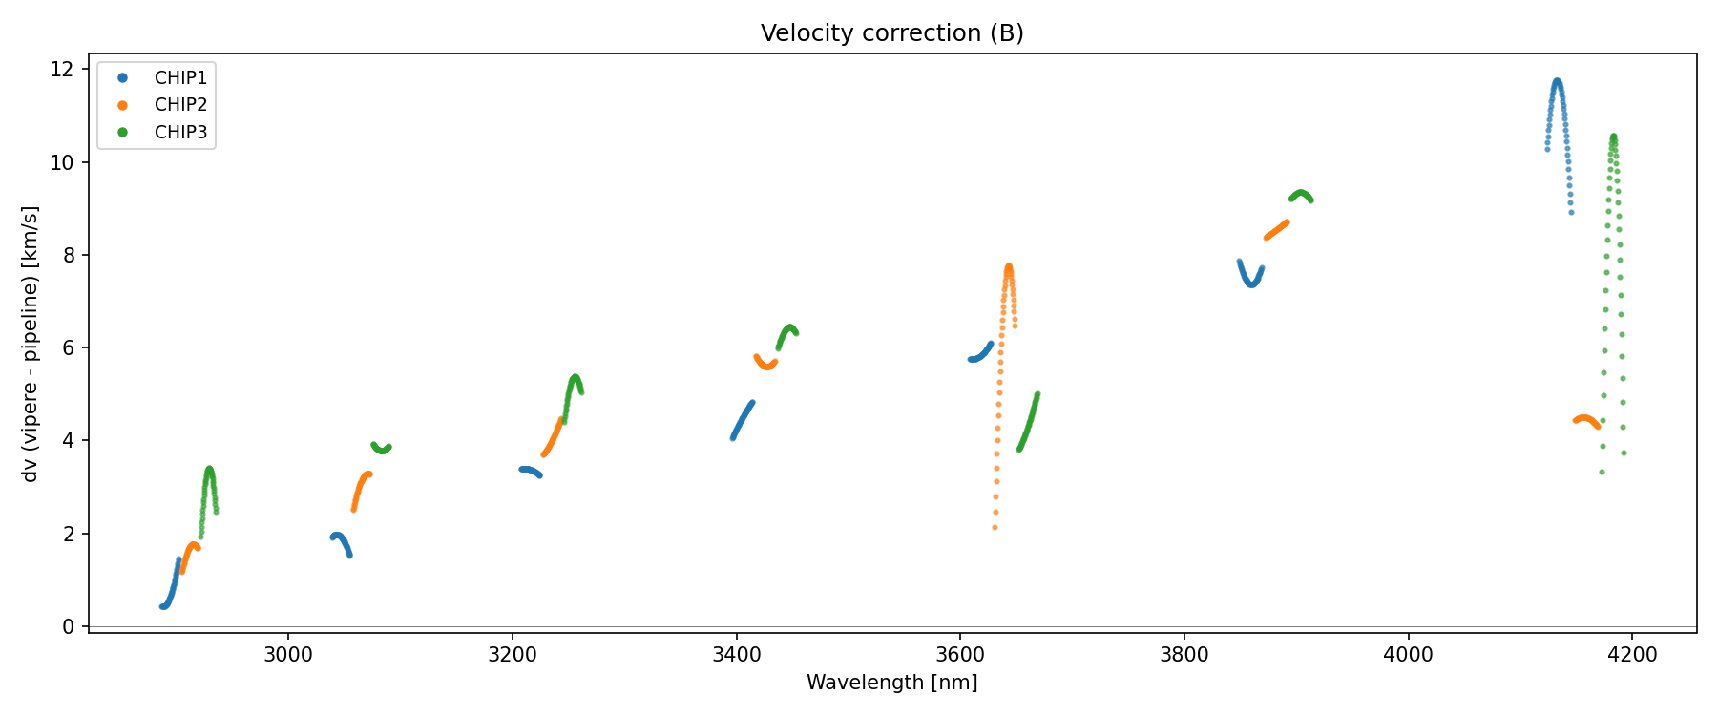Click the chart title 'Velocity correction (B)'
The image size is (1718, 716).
click(x=891, y=33)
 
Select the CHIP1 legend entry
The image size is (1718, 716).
click(x=180, y=77)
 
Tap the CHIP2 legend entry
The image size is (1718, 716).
click(x=180, y=105)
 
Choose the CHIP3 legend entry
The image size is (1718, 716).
click(x=180, y=133)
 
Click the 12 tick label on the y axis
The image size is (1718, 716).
click(x=62, y=70)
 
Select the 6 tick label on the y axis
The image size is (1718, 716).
click(x=68, y=348)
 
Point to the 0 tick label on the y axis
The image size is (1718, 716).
click(x=68, y=626)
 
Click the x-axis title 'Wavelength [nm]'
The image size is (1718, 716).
click(x=891, y=683)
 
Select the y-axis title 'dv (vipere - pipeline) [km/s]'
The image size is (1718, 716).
click(x=31, y=344)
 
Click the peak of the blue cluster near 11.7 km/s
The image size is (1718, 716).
click(x=1557, y=82)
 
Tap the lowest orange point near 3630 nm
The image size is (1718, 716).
click(x=995, y=527)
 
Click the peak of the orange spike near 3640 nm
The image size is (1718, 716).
click(x=1008, y=267)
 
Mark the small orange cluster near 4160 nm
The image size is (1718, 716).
click(x=1585, y=420)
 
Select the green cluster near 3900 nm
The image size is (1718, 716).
click(x=1301, y=195)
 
